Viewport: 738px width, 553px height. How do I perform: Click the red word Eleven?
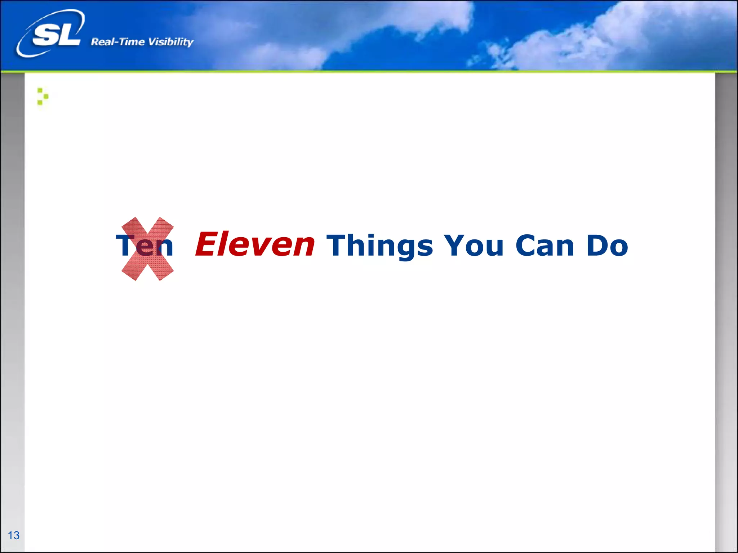tap(255, 245)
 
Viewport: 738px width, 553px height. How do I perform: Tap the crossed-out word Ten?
tap(145, 246)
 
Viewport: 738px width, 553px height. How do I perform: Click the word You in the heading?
tap(474, 246)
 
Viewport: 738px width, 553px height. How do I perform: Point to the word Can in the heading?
tap(544, 246)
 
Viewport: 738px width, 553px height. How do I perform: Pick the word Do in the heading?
tap(607, 246)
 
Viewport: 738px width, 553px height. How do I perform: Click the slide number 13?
tap(14, 535)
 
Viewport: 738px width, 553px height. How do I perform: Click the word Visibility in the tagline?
tap(171, 42)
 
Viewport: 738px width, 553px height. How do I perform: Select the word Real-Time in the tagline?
tap(117, 42)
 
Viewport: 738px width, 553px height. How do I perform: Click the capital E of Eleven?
tap(206, 245)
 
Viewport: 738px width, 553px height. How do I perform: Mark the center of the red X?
tap(148, 249)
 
